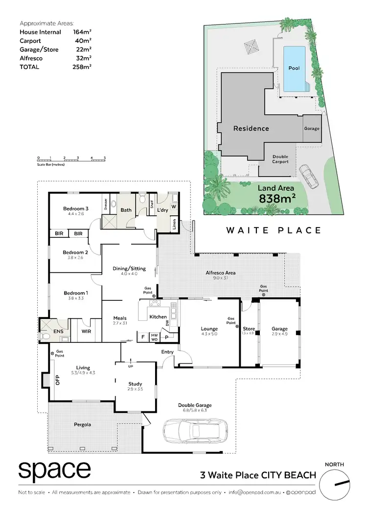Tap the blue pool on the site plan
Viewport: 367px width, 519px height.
tap(294, 68)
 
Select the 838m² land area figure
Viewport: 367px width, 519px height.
tap(276, 198)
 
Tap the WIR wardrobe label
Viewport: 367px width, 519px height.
tap(86, 332)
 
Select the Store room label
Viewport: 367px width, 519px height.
tap(249, 329)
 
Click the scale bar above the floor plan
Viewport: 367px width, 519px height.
tap(71, 159)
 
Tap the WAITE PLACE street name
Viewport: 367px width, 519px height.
tap(274, 230)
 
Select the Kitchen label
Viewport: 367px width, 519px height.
tap(158, 317)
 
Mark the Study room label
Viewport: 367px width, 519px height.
tap(135, 384)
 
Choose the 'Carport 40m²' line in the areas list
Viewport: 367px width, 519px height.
tap(55, 41)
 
